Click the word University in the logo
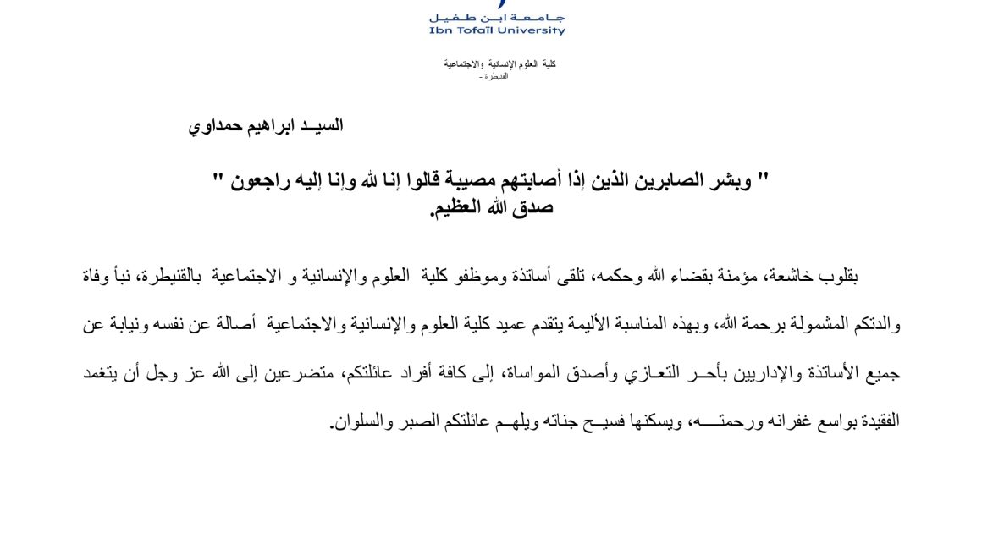coord(532,30)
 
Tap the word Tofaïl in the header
coord(474,30)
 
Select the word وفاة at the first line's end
coord(101,276)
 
